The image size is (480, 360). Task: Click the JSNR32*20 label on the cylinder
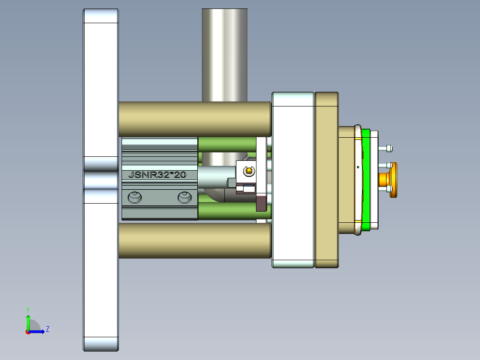tap(157, 175)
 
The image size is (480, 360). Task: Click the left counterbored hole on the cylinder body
tap(134, 197)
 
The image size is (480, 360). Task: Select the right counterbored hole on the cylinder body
tap(185, 197)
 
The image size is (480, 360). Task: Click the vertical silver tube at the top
tap(224, 53)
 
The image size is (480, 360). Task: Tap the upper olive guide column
tap(195, 119)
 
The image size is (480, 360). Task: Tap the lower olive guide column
tap(195, 241)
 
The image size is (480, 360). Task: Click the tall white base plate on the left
tap(101, 89)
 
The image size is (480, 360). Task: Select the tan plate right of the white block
tap(326, 180)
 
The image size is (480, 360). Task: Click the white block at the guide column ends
tap(293, 180)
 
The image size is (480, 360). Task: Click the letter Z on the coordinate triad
tap(47, 329)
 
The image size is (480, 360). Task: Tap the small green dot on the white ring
tap(358, 168)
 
